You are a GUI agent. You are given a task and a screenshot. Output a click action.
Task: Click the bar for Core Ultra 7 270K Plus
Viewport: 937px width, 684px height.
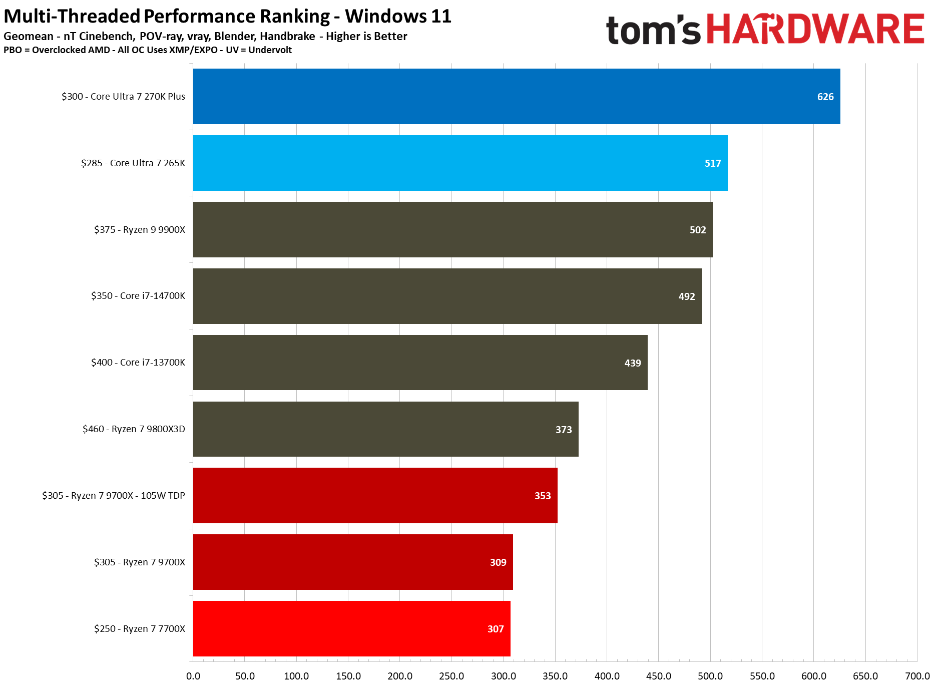(516, 96)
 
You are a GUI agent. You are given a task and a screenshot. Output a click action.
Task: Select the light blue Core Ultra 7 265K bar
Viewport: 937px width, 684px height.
(459, 163)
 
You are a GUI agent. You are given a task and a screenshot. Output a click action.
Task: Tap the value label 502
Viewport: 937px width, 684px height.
(697, 230)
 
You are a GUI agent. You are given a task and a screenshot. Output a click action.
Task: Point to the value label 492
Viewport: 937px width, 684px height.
(686, 296)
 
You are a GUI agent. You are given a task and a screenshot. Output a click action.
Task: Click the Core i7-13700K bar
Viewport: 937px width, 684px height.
(419, 363)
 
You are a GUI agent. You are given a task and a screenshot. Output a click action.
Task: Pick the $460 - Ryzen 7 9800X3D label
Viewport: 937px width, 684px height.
(134, 429)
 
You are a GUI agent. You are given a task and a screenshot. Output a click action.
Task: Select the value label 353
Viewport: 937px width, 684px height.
(542, 496)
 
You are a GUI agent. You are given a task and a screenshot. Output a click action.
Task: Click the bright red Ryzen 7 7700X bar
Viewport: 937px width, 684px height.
(351, 628)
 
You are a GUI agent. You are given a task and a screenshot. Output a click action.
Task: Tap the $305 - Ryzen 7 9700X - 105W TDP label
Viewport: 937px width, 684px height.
(114, 496)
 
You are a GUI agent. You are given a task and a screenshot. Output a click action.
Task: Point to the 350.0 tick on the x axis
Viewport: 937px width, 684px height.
(555, 676)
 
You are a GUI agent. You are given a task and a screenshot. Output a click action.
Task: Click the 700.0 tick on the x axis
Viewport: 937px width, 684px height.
(917, 676)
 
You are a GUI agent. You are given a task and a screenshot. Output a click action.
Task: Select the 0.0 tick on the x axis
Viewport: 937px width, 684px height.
(193, 676)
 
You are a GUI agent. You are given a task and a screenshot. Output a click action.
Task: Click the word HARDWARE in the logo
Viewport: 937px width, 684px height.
(815, 29)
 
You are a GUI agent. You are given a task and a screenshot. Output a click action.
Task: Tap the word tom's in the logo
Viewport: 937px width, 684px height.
(653, 30)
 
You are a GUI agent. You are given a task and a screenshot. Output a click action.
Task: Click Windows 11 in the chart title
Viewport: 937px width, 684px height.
(398, 16)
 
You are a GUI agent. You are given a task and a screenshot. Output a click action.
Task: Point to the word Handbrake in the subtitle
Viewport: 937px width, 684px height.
(287, 36)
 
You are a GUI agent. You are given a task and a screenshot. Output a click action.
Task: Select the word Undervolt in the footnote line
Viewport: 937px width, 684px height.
(270, 50)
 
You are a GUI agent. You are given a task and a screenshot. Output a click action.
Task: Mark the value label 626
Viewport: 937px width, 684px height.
(825, 97)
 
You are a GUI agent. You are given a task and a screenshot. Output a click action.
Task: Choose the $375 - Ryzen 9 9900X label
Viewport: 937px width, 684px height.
(140, 229)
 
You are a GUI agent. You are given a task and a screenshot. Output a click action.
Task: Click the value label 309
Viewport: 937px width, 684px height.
(498, 562)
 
